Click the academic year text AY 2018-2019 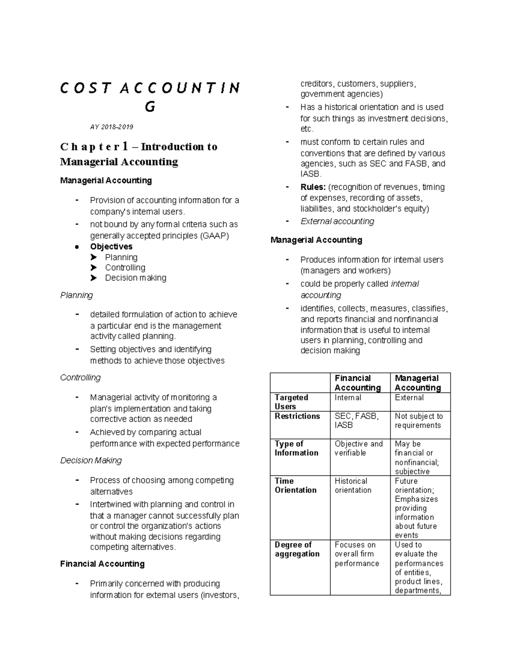tap(112, 127)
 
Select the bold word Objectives tap(111, 246)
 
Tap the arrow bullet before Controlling tap(94, 268)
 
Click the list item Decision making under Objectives tap(135, 278)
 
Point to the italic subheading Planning tap(77, 295)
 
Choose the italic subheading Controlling tap(80, 378)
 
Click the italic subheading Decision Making tap(91, 461)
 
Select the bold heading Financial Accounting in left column tap(103, 564)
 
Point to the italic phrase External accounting tap(337, 221)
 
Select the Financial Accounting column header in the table tap(358, 383)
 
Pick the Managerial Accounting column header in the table tap(418, 383)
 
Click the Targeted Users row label tap(291, 402)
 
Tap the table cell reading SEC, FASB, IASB tap(357, 421)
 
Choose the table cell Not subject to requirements tap(419, 421)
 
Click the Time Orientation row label tap(296, 486)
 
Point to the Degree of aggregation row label tap(297, 549)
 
